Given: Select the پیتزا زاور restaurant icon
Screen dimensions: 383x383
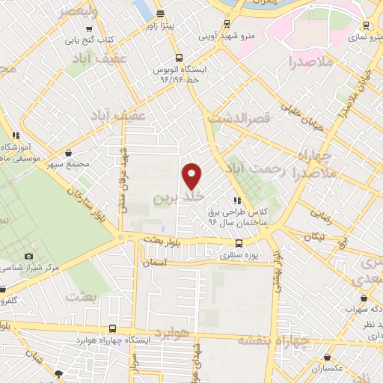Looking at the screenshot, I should tap(161, 14).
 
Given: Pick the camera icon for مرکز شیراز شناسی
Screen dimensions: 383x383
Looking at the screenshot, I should tap(28, 257).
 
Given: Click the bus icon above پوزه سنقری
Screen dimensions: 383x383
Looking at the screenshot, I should tap(239, 243).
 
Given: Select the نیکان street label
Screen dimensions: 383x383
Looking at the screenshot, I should tap(315, 236).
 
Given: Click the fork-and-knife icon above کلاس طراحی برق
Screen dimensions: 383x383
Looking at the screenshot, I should tap(237, 200).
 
